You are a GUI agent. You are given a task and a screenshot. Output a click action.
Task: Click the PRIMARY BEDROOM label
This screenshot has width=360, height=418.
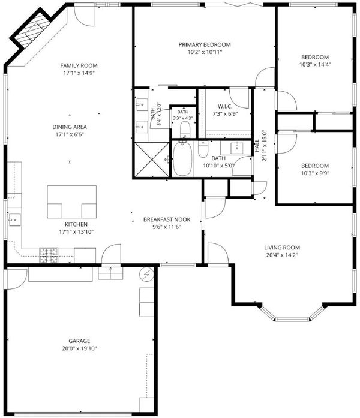point(205,44)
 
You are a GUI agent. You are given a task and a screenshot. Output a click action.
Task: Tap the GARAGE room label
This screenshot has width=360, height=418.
point(79,341)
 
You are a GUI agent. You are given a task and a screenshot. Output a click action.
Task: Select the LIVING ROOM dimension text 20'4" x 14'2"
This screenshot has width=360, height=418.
point(282,255)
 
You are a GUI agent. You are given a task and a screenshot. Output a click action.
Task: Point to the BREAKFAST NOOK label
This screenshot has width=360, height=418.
point(167,219)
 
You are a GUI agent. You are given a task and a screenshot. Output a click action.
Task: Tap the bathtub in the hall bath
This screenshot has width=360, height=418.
point(182,158)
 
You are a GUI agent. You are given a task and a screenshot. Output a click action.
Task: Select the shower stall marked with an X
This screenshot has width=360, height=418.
point(152,160)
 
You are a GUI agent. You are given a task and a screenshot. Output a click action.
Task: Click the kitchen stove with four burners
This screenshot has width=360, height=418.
point(49,255)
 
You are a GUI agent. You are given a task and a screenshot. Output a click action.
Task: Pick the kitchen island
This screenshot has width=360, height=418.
point(72,202)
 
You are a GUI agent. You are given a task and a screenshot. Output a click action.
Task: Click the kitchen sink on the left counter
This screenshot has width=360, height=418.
point(14,220)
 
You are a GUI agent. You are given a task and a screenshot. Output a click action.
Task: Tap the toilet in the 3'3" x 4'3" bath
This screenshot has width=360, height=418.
point(185,130)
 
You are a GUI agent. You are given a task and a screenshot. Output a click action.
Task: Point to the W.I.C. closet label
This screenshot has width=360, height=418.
point(225,107)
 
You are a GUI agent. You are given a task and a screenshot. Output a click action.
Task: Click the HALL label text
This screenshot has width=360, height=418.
point(257,146)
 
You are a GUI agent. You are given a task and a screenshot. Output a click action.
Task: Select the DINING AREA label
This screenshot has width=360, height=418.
point(70,127)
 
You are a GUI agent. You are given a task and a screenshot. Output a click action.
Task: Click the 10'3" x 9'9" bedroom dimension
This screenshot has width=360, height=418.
point(315,173)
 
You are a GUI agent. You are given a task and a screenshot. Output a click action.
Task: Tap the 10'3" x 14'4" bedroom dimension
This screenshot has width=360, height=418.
point(315,64)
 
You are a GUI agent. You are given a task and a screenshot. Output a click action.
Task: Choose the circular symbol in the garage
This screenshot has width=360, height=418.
point(146,274)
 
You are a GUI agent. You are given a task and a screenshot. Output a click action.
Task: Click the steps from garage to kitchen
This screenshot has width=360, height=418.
point(110,273)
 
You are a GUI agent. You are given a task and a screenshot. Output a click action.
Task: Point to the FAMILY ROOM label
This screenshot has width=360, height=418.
point(79,65)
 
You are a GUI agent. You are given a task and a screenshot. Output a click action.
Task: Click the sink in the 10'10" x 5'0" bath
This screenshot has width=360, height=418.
point(236,147)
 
